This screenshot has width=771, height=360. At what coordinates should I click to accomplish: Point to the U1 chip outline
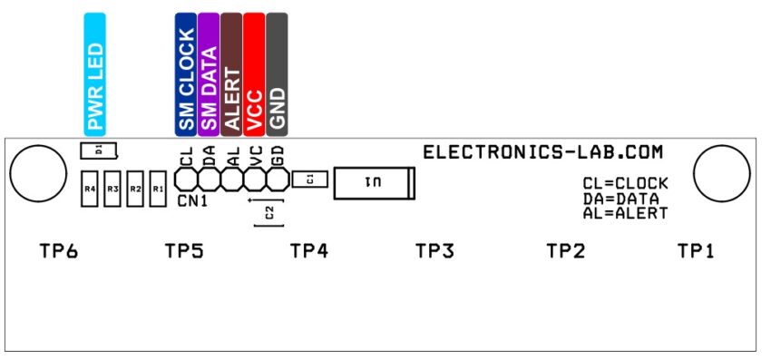pyautogui.click(x=375, y=183)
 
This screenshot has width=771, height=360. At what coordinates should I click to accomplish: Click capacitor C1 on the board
pyautogui.click(x=310, y=180)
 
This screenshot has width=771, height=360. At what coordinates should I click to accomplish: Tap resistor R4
pyautogui.click(x=90, y=189)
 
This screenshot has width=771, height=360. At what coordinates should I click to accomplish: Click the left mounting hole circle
pyautogui.click(x=38, y=171)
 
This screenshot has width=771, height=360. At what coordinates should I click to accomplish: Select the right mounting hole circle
pyautogui.click(x=722, y=171)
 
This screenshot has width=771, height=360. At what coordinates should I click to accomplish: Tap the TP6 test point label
pyautogui.click(x=58, y=251)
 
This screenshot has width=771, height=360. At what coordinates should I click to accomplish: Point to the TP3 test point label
pyautogui.click(x=434, y=251)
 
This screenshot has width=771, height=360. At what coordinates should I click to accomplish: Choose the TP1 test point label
pyautogui.click(x=696, y=251)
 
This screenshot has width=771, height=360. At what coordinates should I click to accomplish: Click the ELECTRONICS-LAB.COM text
pyautogui.click(x=542, y=152)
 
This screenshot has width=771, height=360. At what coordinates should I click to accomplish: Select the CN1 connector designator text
pyautogui.click(x=192, y=200)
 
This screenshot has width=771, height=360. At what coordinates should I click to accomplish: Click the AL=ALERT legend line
pyautogui.click(x=625, y=214)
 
